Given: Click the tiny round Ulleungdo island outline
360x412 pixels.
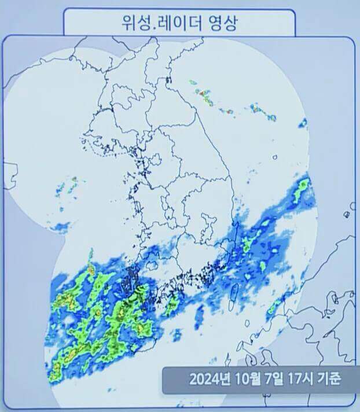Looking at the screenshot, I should [x=275, y=156].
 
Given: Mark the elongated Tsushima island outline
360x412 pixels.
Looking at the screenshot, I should [x=233, y=295].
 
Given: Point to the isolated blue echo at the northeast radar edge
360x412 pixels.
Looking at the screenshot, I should [x=303, y=123].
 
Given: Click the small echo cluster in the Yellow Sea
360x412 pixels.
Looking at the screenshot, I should [x=68, y=185].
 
